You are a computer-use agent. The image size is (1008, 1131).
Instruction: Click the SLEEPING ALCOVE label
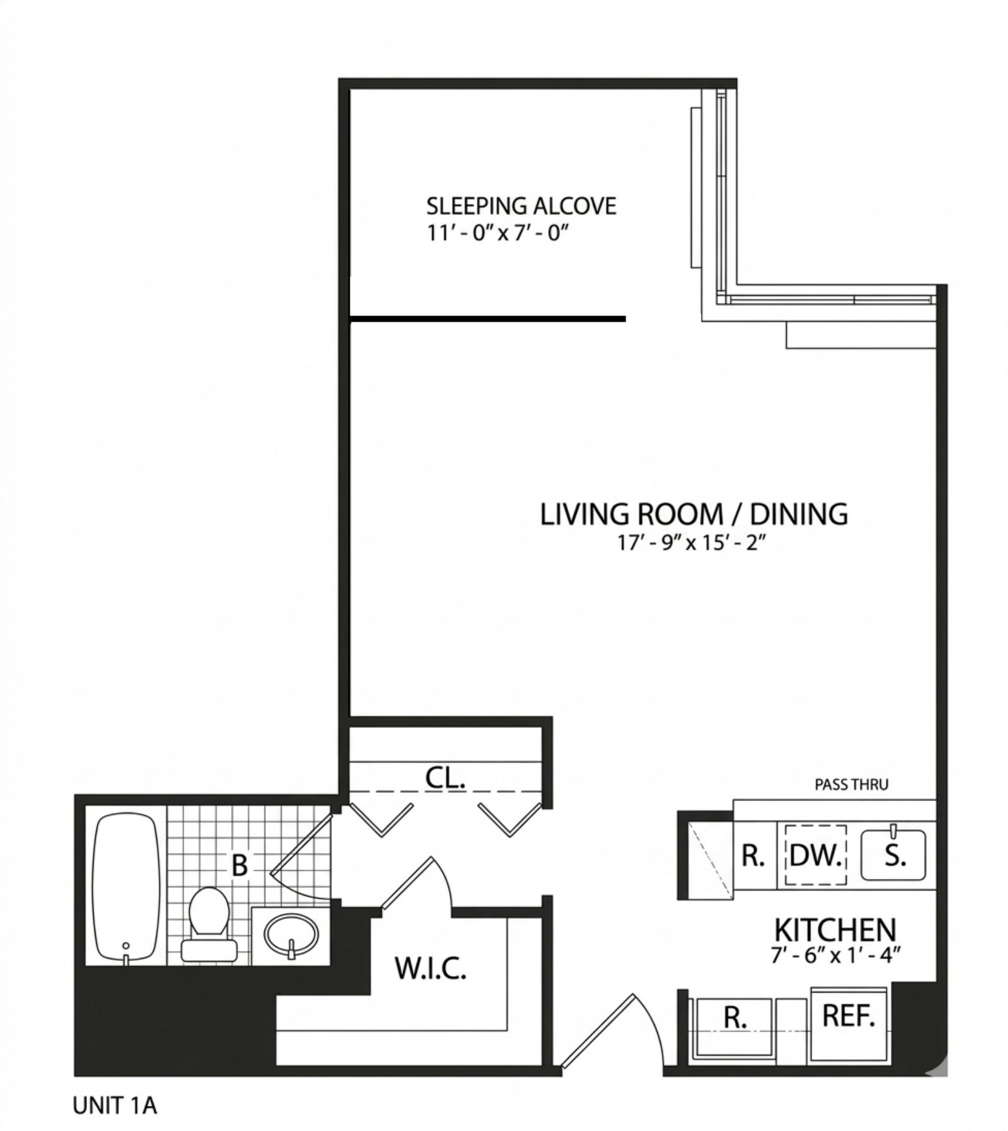[x=521, y=206]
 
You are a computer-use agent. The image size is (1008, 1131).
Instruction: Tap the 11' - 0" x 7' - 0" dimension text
[x=498, y=234]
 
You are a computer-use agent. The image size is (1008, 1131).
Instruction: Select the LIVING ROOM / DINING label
[x=694, y=514]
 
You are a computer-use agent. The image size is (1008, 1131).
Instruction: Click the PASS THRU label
[x=851, y=785]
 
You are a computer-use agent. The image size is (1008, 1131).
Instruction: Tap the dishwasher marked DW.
[x=815, y=855]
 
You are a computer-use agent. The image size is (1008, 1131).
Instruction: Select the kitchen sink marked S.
[x=893, y=855]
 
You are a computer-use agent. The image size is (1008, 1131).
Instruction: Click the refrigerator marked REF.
[x=849, y=1015]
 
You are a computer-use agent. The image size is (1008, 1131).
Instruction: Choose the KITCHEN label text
[x=835, y=929]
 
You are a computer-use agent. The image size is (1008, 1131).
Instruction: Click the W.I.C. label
[x=430, y=969]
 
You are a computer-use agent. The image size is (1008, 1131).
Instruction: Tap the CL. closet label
[x=445, y=778]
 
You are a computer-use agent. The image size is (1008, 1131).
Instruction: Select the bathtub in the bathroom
[x=126, y=888]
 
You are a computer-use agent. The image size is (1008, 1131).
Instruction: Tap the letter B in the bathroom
[x=239, y=865]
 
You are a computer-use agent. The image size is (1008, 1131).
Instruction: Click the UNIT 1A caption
[x=115, y=1106]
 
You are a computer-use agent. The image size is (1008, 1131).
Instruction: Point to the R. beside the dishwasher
[x=753, y=855]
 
